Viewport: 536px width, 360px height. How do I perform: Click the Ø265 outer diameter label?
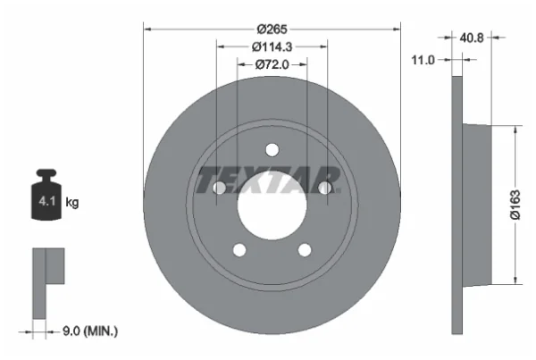pyautogui.click(x=272, y=29)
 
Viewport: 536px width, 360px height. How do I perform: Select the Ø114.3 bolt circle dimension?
pyautogui.click(x=272, y=46)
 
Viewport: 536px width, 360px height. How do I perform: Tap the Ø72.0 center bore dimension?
pyautogui.click(x=272, y=64)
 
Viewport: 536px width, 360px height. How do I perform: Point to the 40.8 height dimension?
pyautogui.click(x=472, y=38)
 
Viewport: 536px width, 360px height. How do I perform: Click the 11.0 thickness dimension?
pyautogui.click(x=423, y=60)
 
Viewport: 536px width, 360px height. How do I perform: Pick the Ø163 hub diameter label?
pyautogui.click(x=515, y=205)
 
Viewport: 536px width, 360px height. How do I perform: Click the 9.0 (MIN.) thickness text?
pyautogui.click(x=90, y=331)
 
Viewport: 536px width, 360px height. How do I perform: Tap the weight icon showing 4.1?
pyautogui.click(x=46, y=194)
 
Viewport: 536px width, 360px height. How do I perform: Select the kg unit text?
pyautogui.click(x=72, y=202)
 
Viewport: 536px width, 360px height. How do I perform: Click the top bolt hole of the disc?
pyautogui.click(x=272, y=150)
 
